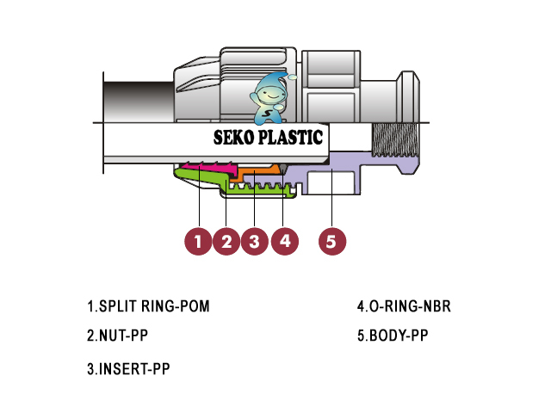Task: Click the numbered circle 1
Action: tap(198, 241)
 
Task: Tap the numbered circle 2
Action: tap(226, 241)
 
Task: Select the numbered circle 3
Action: tap(255, 241)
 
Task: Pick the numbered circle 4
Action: tap(285, 241)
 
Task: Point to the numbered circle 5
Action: tap(332, 241)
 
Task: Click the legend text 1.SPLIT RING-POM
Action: tap(148, 306)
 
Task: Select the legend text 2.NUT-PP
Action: tap(117, 336)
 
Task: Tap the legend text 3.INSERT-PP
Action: tap(128, 369)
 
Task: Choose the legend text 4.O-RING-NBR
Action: tap(404, 306)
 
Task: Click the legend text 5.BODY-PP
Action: tap(393, 336)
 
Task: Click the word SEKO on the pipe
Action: tap(233, 138)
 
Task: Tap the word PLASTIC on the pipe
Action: tap(290, 138)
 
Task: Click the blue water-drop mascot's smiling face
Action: tap(268, 94)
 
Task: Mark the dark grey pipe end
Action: tap(139, 102)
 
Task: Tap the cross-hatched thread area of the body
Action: tap(395, 140)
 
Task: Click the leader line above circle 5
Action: tap(332, 197)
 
